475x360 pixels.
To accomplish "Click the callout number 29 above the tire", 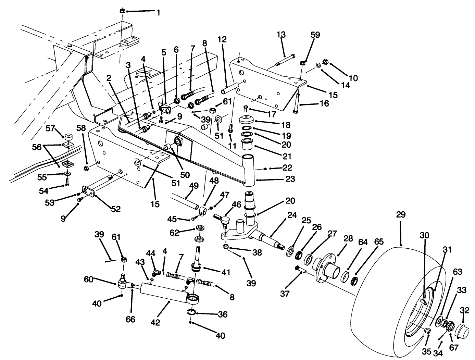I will pos(400,215).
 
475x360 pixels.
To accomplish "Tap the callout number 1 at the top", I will pos(158,13).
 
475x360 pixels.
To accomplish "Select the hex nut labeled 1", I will pos(122,11).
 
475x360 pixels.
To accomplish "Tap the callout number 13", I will pos(281,35).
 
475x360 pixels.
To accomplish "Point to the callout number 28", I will pos(348,239).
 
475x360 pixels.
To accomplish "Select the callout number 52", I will pos(116,209).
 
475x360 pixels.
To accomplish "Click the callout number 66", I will pos(130,319).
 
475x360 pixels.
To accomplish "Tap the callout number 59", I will pos(315,35).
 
